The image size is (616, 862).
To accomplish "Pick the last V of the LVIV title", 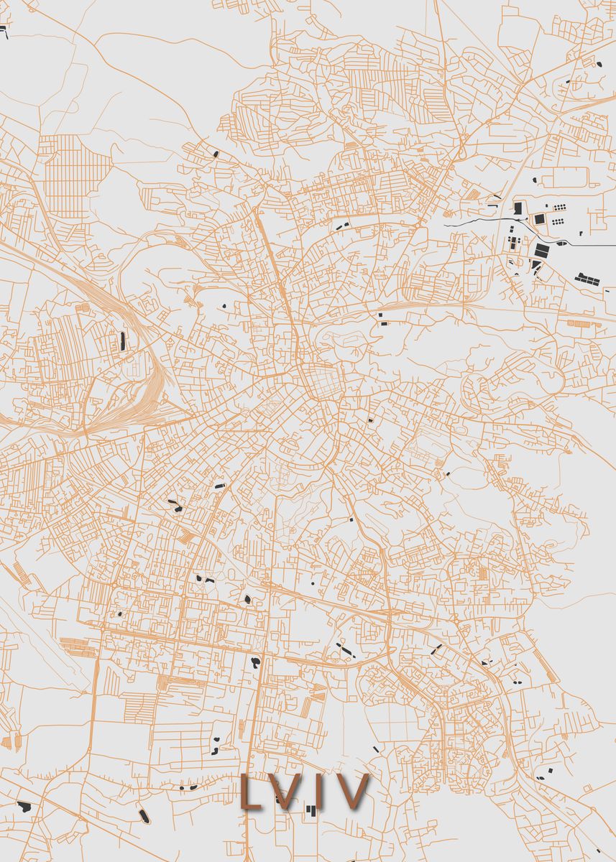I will (351, 792).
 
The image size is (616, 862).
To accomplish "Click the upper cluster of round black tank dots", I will (558, 207).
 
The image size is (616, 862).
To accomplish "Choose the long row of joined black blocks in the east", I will (592, 278).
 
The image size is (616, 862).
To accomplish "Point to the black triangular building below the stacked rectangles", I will (536, 267).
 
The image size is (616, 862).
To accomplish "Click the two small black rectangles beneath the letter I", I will (311, 810).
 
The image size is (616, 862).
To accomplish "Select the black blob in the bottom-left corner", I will (23, 807).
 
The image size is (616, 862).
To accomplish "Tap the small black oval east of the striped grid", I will (216, 153).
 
